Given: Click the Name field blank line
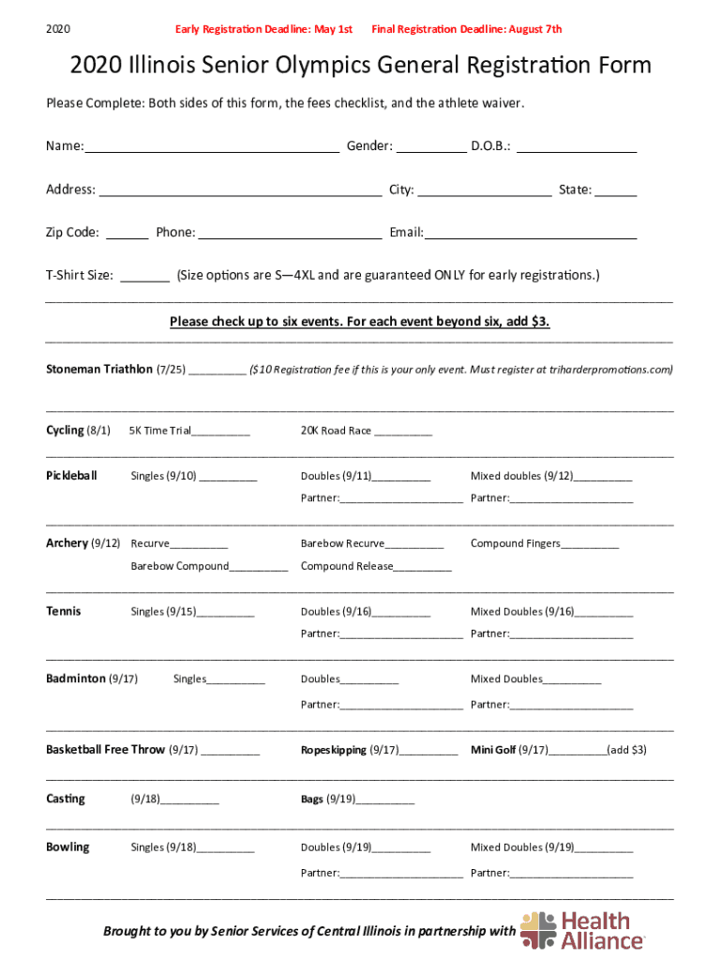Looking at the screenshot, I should point(212,148).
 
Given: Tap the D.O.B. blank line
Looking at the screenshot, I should point(577,148).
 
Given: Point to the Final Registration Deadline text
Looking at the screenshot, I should point(467,29).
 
